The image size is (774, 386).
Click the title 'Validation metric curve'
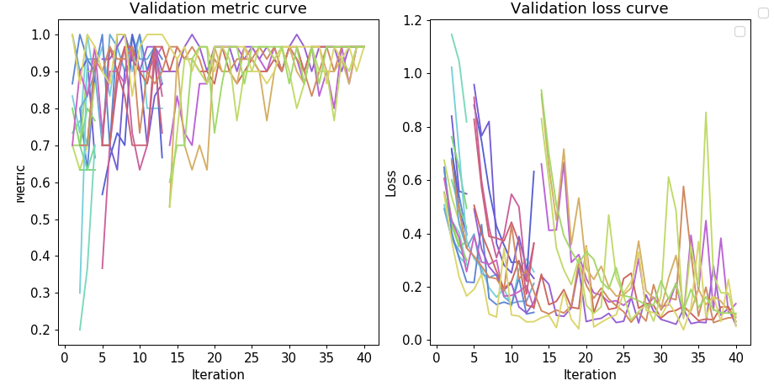click(218, 9)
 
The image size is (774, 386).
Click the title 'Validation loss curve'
click(589, 9)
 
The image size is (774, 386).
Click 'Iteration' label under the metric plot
click(218, 374)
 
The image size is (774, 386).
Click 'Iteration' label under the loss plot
click(589, 374)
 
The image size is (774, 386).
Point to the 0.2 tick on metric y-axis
click(41, 330)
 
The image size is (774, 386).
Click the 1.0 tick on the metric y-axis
click(41, 35)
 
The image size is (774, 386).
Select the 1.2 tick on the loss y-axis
click(413, 20)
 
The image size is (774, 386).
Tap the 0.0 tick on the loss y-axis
click(413, 341)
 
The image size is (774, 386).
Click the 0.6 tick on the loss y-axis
click(413, 180)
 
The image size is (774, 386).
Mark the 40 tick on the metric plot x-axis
click(363, 357)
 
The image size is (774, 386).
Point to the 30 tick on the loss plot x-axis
click(660, 357)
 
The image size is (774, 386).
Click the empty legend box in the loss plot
click(740, 31)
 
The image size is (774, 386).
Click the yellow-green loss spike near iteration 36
click(706, 113)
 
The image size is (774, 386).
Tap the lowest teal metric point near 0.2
click(80, 330)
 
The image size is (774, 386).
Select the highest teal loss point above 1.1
click(451, 34)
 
